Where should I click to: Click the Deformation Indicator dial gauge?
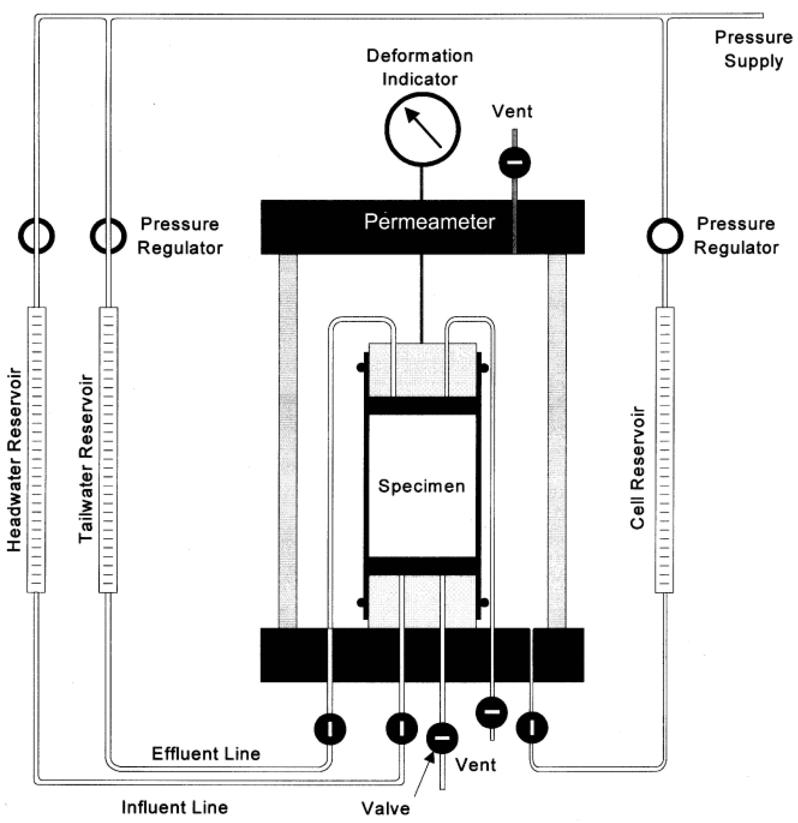[422, 129]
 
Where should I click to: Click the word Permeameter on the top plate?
[429, 222]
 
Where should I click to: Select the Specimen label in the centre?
[422, 486]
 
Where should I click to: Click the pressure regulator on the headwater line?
[37, 236]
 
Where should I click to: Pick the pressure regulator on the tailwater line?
[108, 236]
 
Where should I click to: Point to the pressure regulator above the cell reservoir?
[665, 236]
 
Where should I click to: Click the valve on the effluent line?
[330, 729]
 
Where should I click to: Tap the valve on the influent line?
[402, 729]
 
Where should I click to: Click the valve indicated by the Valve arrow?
[442, 738]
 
